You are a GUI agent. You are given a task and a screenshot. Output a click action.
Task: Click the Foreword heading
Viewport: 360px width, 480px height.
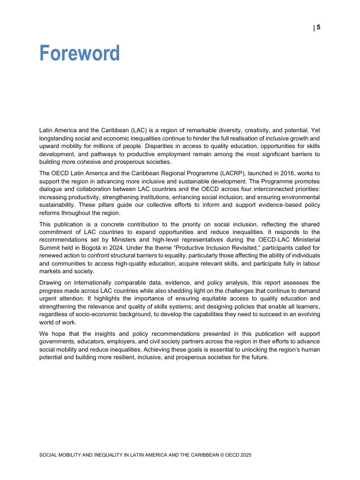click(79, 53)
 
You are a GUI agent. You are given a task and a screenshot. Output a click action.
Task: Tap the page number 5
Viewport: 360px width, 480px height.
click(319, 28)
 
